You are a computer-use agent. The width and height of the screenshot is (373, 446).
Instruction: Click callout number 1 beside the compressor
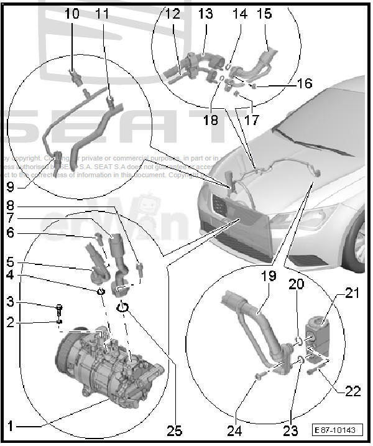coord(11,426)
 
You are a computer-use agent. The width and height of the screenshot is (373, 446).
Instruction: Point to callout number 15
coord(264,12)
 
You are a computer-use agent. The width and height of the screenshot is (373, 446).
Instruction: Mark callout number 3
coord(11,302)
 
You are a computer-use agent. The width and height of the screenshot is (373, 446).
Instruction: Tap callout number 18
coord(211,119)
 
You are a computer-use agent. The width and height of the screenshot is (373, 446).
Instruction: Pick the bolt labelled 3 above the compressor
coord(60,307)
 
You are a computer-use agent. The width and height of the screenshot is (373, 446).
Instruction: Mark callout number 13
coord(205,12)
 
